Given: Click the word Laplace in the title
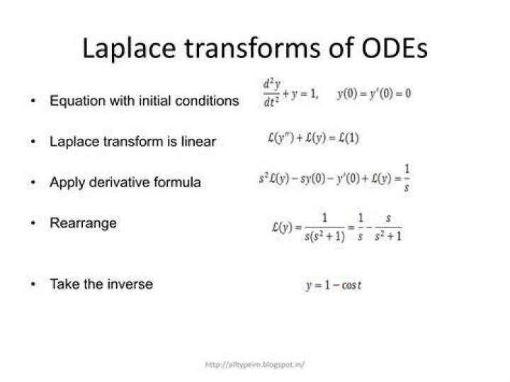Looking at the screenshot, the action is (129, 49).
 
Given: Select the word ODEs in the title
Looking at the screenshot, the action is (394, 47).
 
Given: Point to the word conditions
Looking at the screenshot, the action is (207, 101).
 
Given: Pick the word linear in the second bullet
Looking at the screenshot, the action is (198, 142).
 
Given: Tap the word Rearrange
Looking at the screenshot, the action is (83, 224).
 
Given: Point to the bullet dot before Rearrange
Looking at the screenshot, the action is (33, 223).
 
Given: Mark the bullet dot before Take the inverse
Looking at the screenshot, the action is (33, 284).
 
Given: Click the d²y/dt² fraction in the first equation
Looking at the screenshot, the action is (271, 94).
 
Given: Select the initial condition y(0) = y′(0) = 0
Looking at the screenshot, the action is (374, 94).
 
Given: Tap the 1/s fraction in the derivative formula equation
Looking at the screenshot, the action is (407, 179).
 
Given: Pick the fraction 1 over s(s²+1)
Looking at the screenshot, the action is (324, 227).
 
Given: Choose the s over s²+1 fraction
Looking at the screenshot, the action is (388, 227).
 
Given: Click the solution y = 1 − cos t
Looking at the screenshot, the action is (334, 286).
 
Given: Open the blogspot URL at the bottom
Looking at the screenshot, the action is (255, 365).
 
